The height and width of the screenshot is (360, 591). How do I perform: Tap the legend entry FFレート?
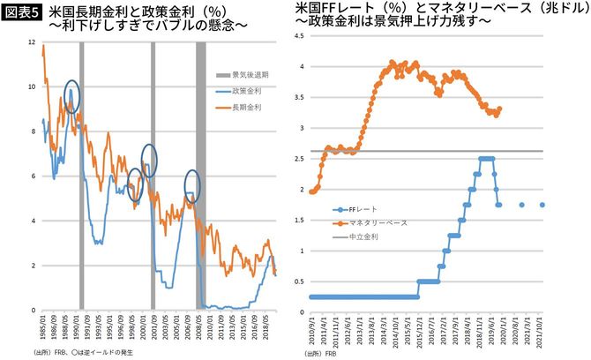point(363,209)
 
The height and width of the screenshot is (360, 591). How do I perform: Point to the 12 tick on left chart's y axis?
point(32,42)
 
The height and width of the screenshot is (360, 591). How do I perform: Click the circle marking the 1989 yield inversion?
point(72,94)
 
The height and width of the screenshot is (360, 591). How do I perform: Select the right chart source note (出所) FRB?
point(320,353)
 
